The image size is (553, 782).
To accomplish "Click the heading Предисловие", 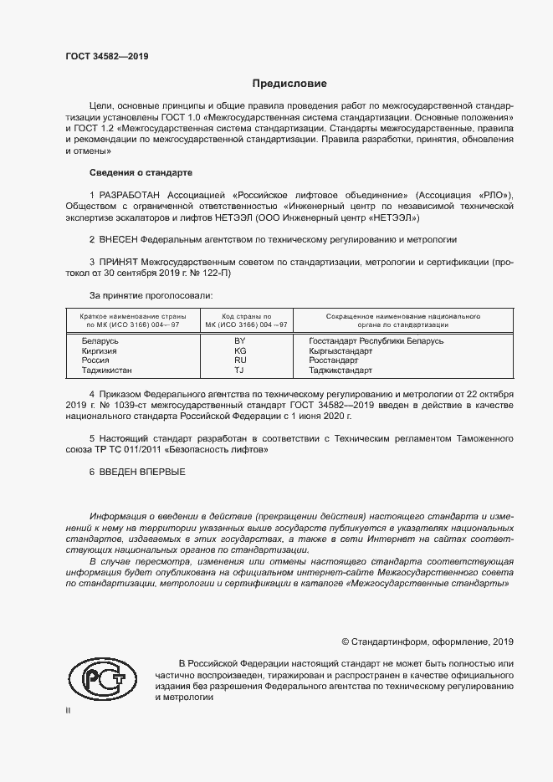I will coord(290,84).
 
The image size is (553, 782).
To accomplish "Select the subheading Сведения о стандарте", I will coord(141,172).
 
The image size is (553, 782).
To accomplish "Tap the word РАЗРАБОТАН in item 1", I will coord(132,194).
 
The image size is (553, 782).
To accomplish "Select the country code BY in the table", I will coord(239,341).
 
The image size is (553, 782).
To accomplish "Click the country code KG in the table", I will coord(239,350).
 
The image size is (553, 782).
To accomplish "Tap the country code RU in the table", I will coord(239,360).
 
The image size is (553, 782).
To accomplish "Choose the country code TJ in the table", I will coord(239,369).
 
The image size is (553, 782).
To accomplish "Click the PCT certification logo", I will coord(101,680).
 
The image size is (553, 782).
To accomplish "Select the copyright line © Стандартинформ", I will coord(427,641).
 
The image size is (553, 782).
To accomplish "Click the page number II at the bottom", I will coord(69,710).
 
